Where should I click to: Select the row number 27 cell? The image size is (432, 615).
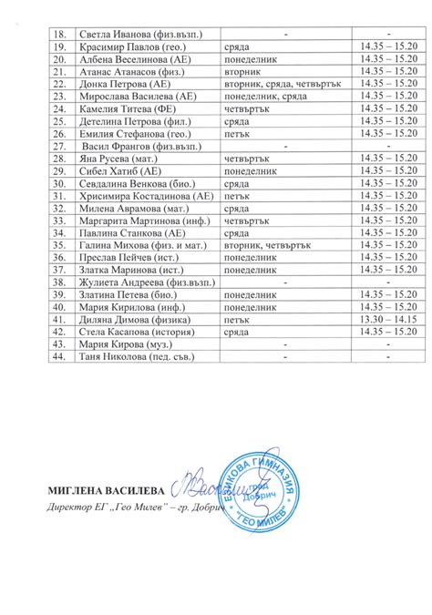point(61,144)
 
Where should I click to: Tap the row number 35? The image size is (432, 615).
point(61,244)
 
